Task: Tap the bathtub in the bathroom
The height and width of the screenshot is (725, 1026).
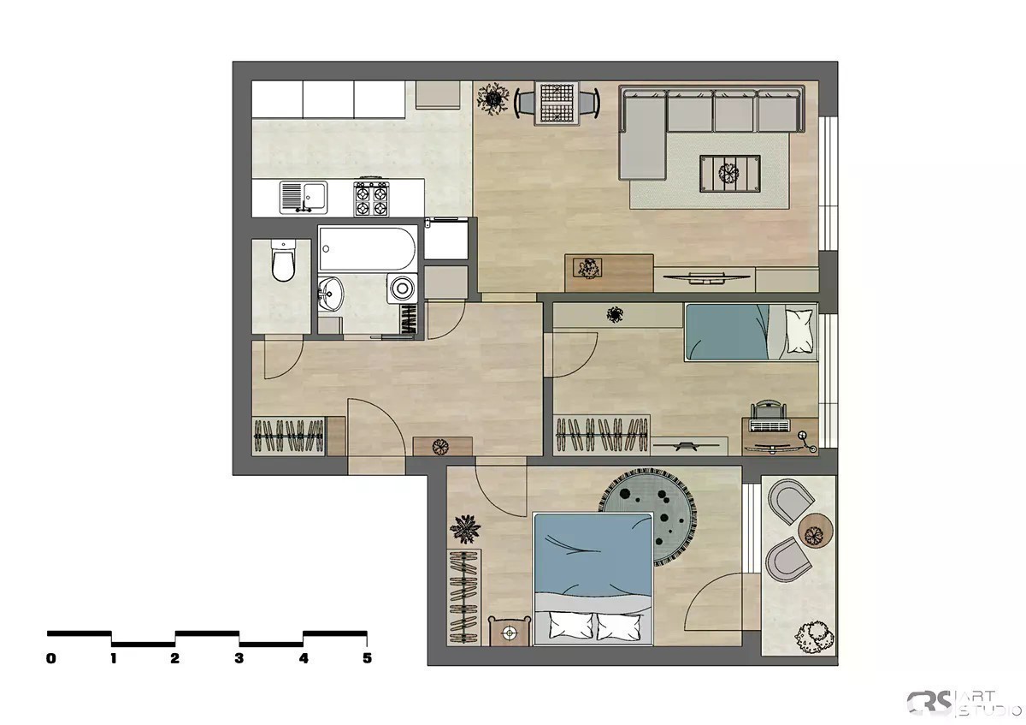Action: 368,248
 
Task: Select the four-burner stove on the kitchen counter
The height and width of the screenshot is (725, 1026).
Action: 371,198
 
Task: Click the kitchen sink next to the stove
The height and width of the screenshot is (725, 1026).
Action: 304,198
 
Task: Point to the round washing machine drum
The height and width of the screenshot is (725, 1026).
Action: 402,288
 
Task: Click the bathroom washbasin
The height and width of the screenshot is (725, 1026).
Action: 330,293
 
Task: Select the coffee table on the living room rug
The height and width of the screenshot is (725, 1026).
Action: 729,174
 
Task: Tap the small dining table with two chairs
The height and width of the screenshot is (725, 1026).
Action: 557,104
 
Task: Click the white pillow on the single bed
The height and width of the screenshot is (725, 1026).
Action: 799,330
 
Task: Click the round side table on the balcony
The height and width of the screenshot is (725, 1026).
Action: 816,531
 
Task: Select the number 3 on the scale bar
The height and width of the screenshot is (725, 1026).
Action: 239,658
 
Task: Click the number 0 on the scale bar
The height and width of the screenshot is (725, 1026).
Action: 50,658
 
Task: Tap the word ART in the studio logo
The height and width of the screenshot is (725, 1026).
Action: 978,697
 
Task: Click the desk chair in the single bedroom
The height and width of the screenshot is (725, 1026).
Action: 769,415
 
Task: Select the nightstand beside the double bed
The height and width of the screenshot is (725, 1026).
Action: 510,632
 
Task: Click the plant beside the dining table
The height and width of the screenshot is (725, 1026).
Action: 492,98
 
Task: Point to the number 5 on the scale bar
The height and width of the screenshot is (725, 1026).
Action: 367,658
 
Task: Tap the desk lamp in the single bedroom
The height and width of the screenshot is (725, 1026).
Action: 807,441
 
